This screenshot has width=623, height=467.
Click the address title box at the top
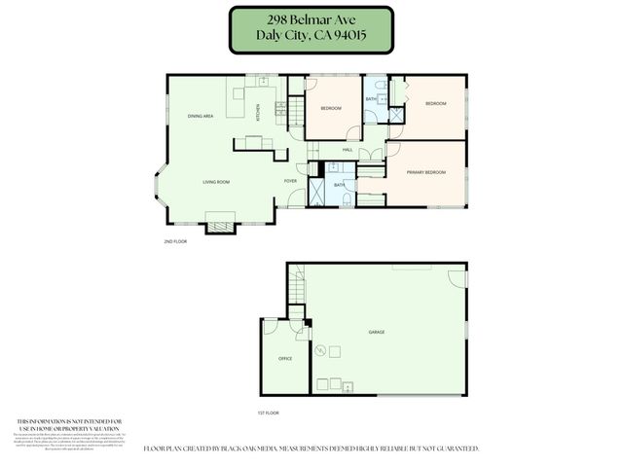click(x=311, y=29)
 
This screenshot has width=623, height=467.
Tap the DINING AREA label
click(x=201, y=116)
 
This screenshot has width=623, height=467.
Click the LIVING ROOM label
click(x=215, y=182)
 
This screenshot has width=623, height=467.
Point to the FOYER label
click(x=290, y=181)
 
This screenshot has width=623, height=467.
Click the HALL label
click(x=348, y=150)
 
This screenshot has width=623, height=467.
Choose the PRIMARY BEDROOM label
click(x=426, y=172)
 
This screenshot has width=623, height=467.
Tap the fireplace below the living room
click(x=220, y=224)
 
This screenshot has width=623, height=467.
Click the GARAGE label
click(x=376, y=332)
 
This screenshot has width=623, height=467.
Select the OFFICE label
click(x=285, y=359)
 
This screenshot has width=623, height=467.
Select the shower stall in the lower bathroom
click(x=318, y=191)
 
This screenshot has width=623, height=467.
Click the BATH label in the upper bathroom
click(x=371, y=99)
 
